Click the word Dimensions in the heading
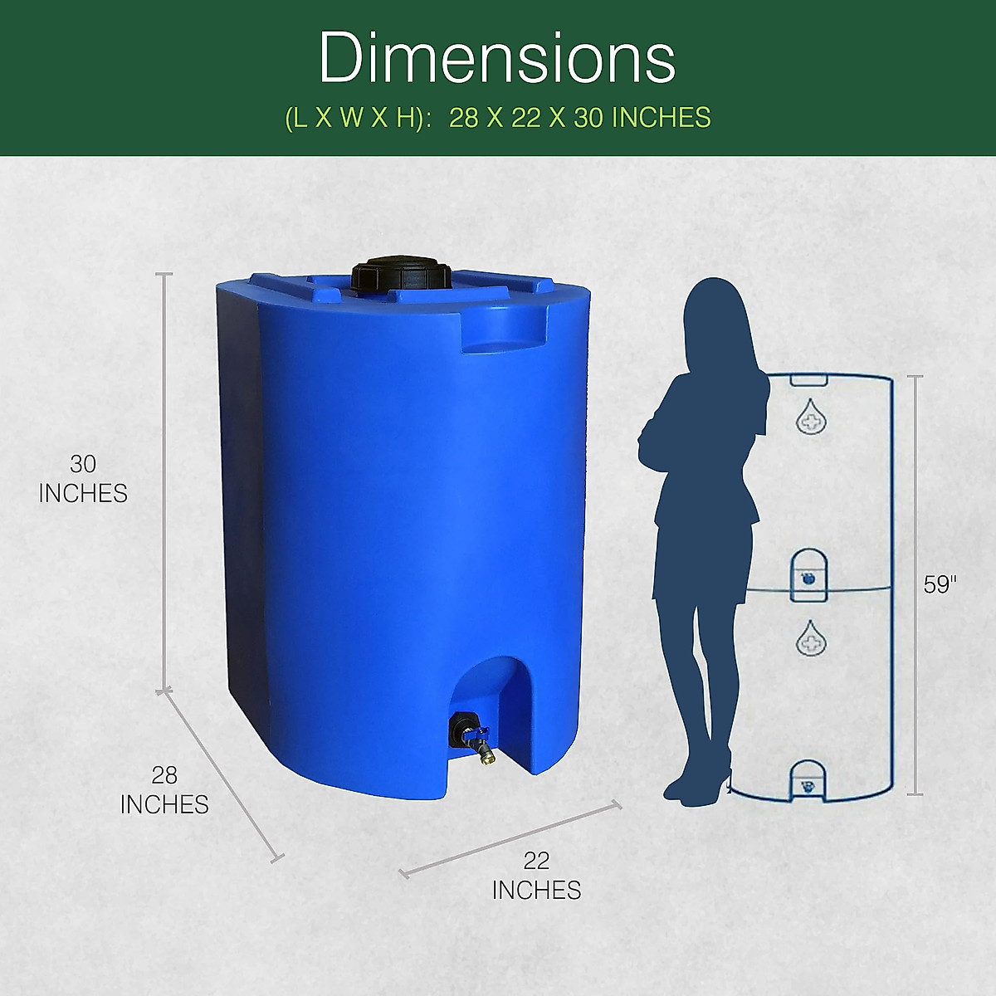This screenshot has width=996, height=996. pyautogui.click(x=496, y=58)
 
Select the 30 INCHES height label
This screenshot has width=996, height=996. pyautogui.click(x=83, y=479)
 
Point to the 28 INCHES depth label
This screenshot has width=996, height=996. pyautogui.click(x=164, y=789)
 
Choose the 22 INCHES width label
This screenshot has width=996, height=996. pyautogui.click(x=536, y=875)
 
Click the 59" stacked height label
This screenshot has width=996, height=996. pyautogui.click(x=940, y=584)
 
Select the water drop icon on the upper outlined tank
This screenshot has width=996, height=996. pyautogui.click(x=810, y=417)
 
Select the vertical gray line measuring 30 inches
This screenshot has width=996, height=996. pyautogui.click(x=165, y=481)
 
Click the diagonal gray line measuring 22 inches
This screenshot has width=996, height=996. pyautogui.click(x=510, y=837)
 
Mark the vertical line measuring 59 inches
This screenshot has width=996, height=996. pyautogui.click(x=915, y=584)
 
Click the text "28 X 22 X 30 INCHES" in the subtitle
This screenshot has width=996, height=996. pyautogui.click(x=580, y=118)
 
